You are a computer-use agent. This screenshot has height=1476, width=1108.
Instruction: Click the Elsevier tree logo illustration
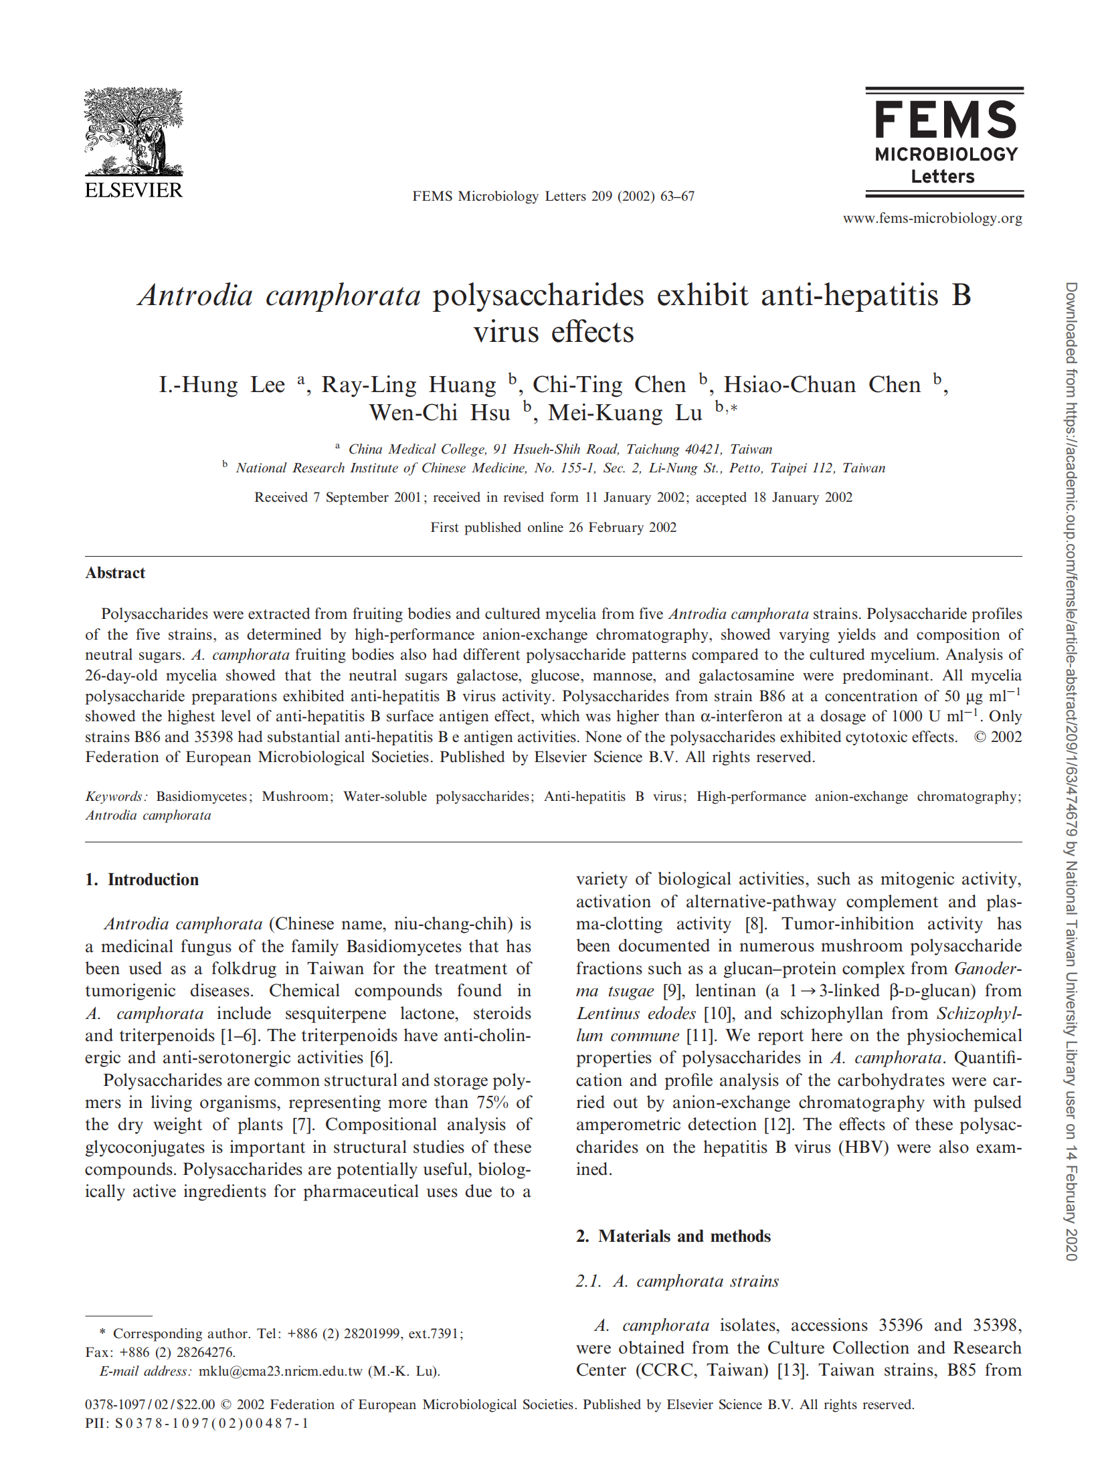[133, 132]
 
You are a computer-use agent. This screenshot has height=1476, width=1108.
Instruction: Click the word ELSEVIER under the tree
[133, 191]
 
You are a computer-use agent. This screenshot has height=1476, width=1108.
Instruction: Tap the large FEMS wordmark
[945, 120]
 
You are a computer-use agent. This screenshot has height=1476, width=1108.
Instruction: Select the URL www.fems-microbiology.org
[932, 218]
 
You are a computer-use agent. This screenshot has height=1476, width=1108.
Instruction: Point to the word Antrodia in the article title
[195, 295]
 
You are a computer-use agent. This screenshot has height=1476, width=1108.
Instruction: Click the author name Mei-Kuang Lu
[625, 413]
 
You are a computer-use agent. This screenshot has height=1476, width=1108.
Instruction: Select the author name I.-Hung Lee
[221, 385]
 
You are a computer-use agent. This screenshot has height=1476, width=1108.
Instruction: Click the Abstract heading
[115, 573]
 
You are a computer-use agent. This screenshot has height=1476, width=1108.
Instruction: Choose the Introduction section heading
[153, 879]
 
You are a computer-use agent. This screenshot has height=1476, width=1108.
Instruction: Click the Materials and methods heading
[684, 1236]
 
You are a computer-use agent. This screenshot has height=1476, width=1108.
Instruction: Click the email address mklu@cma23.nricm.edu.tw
[280, 1371]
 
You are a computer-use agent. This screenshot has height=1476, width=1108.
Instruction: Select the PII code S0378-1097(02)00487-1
[211, 1423]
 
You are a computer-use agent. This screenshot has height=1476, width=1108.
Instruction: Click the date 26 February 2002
[622, 527]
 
